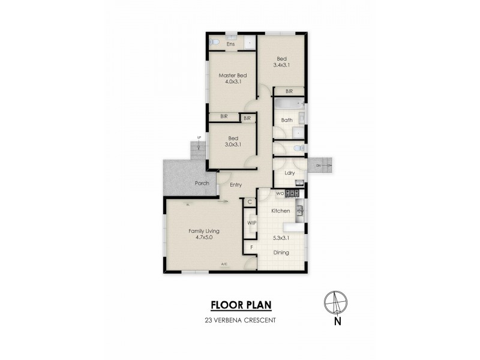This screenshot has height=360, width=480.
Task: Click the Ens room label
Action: pos(230,44)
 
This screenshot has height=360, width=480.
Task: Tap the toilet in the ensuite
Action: pos(214,43)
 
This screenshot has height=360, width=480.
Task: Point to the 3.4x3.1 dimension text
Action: pos(282,65)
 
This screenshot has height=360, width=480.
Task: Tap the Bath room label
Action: pos(287,121)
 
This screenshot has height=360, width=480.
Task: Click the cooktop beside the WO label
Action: pos(292,193)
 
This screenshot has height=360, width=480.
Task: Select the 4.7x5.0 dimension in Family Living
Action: pos(203,238)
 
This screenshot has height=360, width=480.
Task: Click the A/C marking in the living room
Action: pos(224,264)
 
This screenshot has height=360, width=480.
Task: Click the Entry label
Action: pos(235,185)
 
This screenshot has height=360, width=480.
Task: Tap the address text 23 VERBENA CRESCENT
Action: pos(239,320)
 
